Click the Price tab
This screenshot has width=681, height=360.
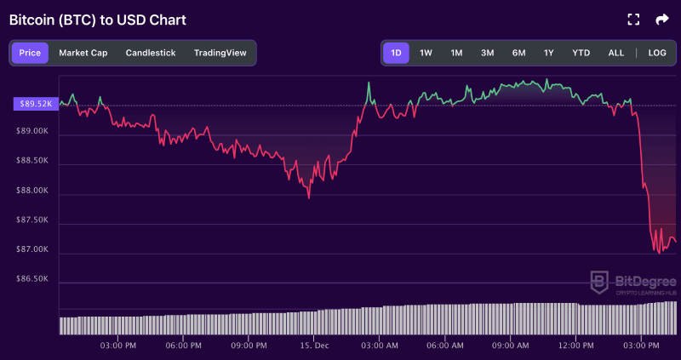[x=30, y=53]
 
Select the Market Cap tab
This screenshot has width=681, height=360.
[x=83, y=53]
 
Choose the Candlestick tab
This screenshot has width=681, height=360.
[x=151, y=53]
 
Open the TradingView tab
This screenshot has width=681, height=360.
[x=220, y=53]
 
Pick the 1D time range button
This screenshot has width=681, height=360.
[x=396, y=53]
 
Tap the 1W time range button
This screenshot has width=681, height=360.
[x=426, y=53]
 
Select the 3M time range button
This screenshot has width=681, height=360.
[x=487, y=53]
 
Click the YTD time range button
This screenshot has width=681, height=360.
[x=581, y=53]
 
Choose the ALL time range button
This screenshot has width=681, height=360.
[x=615, y=53]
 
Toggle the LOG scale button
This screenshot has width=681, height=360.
[x=657, y=53]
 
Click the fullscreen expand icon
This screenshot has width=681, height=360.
[x=632, y=19]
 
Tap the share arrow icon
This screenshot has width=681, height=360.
[x=662, y=19]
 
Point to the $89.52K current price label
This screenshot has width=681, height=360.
[x=35, y=104]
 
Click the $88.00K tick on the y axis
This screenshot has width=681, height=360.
[x=34, y=191]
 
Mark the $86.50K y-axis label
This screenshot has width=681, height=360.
[x=34, y=279]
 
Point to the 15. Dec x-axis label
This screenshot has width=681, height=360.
[x=315, y=346]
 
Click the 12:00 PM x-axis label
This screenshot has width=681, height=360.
[x=576, y=346]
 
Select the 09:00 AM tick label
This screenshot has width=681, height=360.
[x=511, y=346]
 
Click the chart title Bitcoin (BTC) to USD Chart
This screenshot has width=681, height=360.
[x=97, y=19]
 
